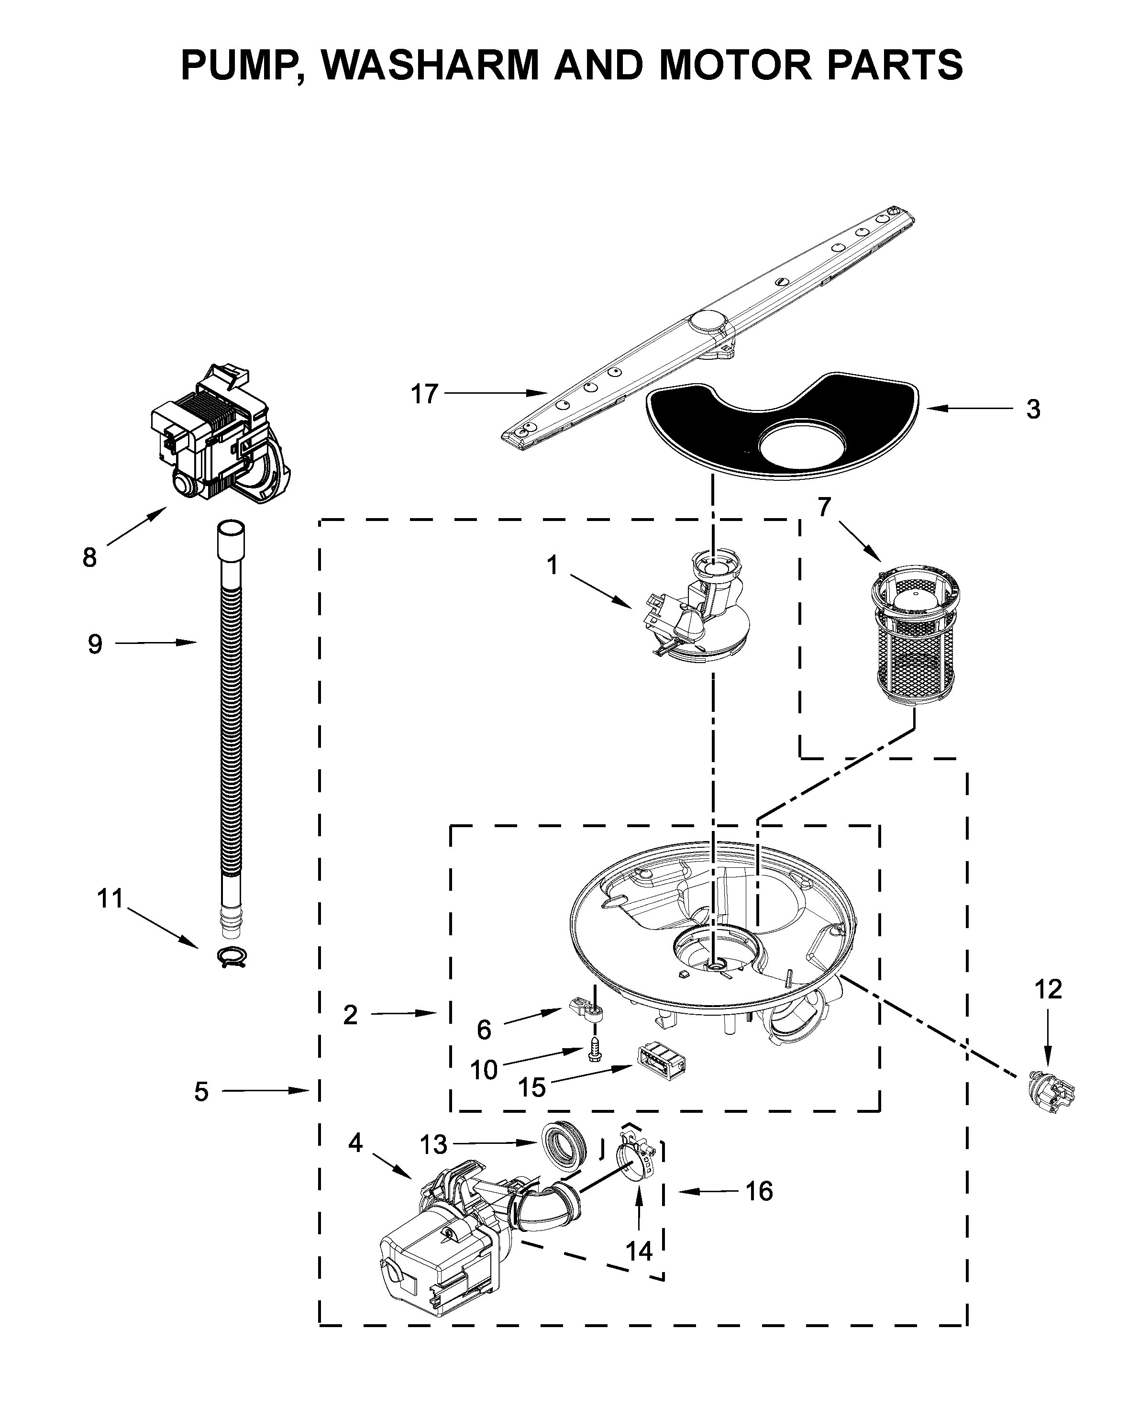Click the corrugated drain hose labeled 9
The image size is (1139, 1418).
[230, 723]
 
